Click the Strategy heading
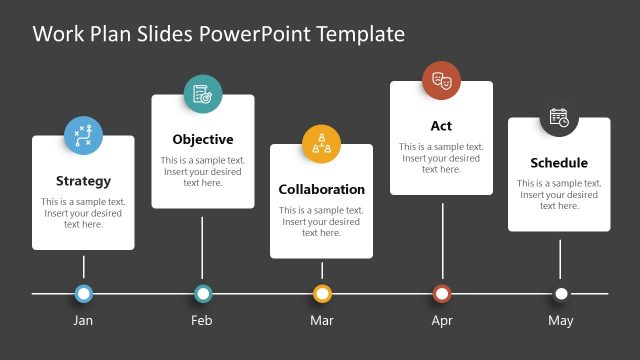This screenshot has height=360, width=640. pyautogui.click(x=83, y=181)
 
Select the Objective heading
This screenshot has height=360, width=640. pyautogui.click(x=202, y=139)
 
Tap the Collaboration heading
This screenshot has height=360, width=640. pyautogui.click(x=321, y=189)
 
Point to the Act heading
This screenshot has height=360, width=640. pyautogui.click(x=441, y=126)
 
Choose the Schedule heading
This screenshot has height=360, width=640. pyautogui.click(x=559, y=163)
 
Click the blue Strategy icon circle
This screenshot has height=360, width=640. pyautogui.click(x=84, y=136)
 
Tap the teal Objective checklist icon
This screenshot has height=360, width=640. pyautogui.click(x=203, y=94)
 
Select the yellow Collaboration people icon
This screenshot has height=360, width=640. pyautogui.click(x=322, y=143)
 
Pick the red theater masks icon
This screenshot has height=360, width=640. pyautogui.click(x=441, y=80)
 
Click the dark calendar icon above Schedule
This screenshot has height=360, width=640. pyautogui.click(x=559, y=117)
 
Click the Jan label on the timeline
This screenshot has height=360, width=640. pyautogui.click(x=84, y=321)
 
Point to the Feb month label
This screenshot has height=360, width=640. pyautogui.click(x=202, y=321)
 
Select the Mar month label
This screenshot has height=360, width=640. pyautogui.click(x=322, y=321)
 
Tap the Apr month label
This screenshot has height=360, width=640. pyautogui.click(x=442, y=321)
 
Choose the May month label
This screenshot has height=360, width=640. pyautogui.click(x=561, y=321)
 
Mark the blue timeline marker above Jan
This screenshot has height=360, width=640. pyautogui.click(x=84, y=294)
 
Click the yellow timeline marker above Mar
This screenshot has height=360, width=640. pyautogui.click(x=322, y=294)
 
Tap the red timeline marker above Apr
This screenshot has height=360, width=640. pyautogui.click(x=442, y=294)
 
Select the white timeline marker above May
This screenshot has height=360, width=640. pyautogui.click(x=561, y=294)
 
